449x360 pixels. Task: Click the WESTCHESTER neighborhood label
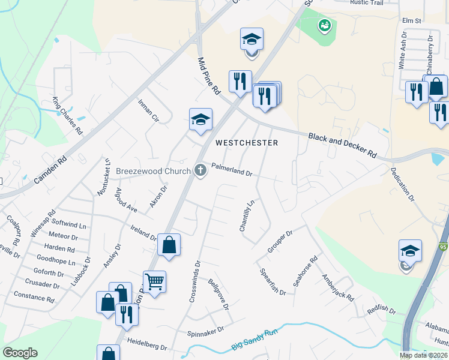click(x=246, y=143)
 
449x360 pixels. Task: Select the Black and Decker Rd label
click(x=342, y=145)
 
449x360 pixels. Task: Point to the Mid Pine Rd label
click(x=209, y=76)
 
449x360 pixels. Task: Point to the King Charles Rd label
click(x=67, y=115)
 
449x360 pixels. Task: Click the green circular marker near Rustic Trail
click(x=324, y=25)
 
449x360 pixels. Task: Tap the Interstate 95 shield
click(x=443, y=247)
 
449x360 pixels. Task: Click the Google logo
click(x=20, y=352)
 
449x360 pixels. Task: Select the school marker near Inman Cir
click(x=201, y=119)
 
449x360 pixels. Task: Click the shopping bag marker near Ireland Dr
click(x=169, y=244)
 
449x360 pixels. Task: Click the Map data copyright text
click(x=423, y=355)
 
